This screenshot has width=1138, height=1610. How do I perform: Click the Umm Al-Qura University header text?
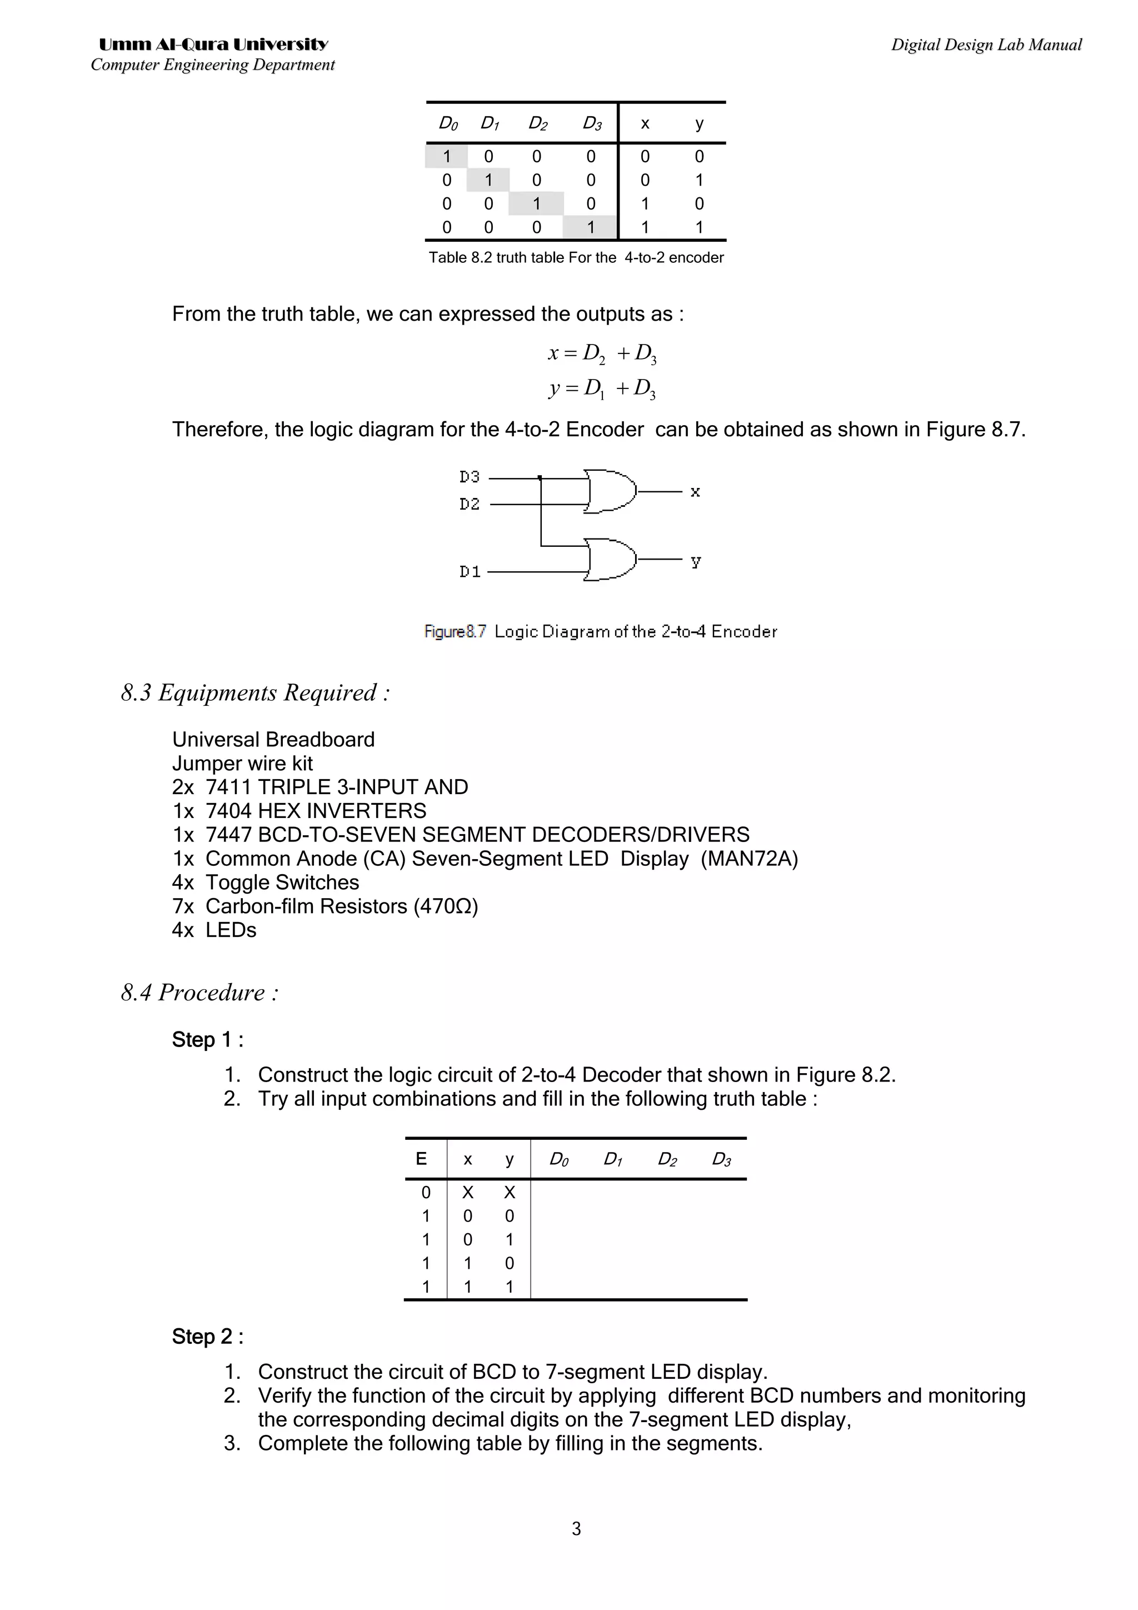click(213, 45)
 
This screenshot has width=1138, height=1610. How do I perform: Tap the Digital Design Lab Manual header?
click(986, 45)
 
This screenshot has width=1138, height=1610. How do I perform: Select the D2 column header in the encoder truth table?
click(537, 124)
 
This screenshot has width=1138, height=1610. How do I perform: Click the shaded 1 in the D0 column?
click(447, 156)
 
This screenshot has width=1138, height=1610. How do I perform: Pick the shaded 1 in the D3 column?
click(590, 227)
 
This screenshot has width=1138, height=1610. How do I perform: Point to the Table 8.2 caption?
click(576, 257)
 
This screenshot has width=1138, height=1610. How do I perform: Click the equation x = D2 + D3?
click(602, 353)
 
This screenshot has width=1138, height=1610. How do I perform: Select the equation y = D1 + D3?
click(602, 388)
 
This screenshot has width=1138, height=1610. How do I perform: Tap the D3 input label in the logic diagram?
click(469, 477)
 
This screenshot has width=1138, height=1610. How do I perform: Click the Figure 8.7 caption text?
click(600, 632)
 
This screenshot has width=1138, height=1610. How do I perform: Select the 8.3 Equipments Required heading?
click(255, 693)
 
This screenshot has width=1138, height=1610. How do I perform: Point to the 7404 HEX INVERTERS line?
click(300, 811)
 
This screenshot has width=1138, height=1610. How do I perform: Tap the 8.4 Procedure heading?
click(200, 992)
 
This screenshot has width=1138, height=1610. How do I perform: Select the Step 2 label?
click(208, 1337)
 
